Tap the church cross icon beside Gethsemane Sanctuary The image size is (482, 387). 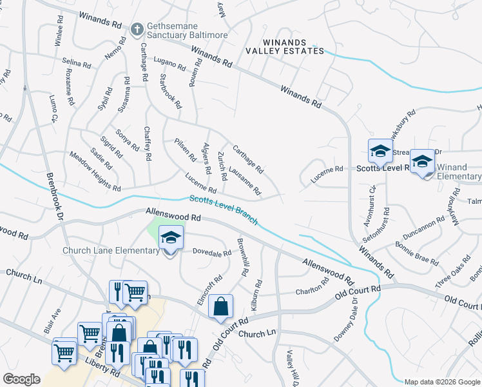137,28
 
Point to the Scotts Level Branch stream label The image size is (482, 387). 224,210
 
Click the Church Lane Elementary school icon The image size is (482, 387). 171,239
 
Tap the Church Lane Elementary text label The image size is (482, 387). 110,250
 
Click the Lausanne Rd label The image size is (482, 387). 245,181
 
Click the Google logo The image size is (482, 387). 22,379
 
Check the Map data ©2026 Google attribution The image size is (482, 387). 441,382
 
